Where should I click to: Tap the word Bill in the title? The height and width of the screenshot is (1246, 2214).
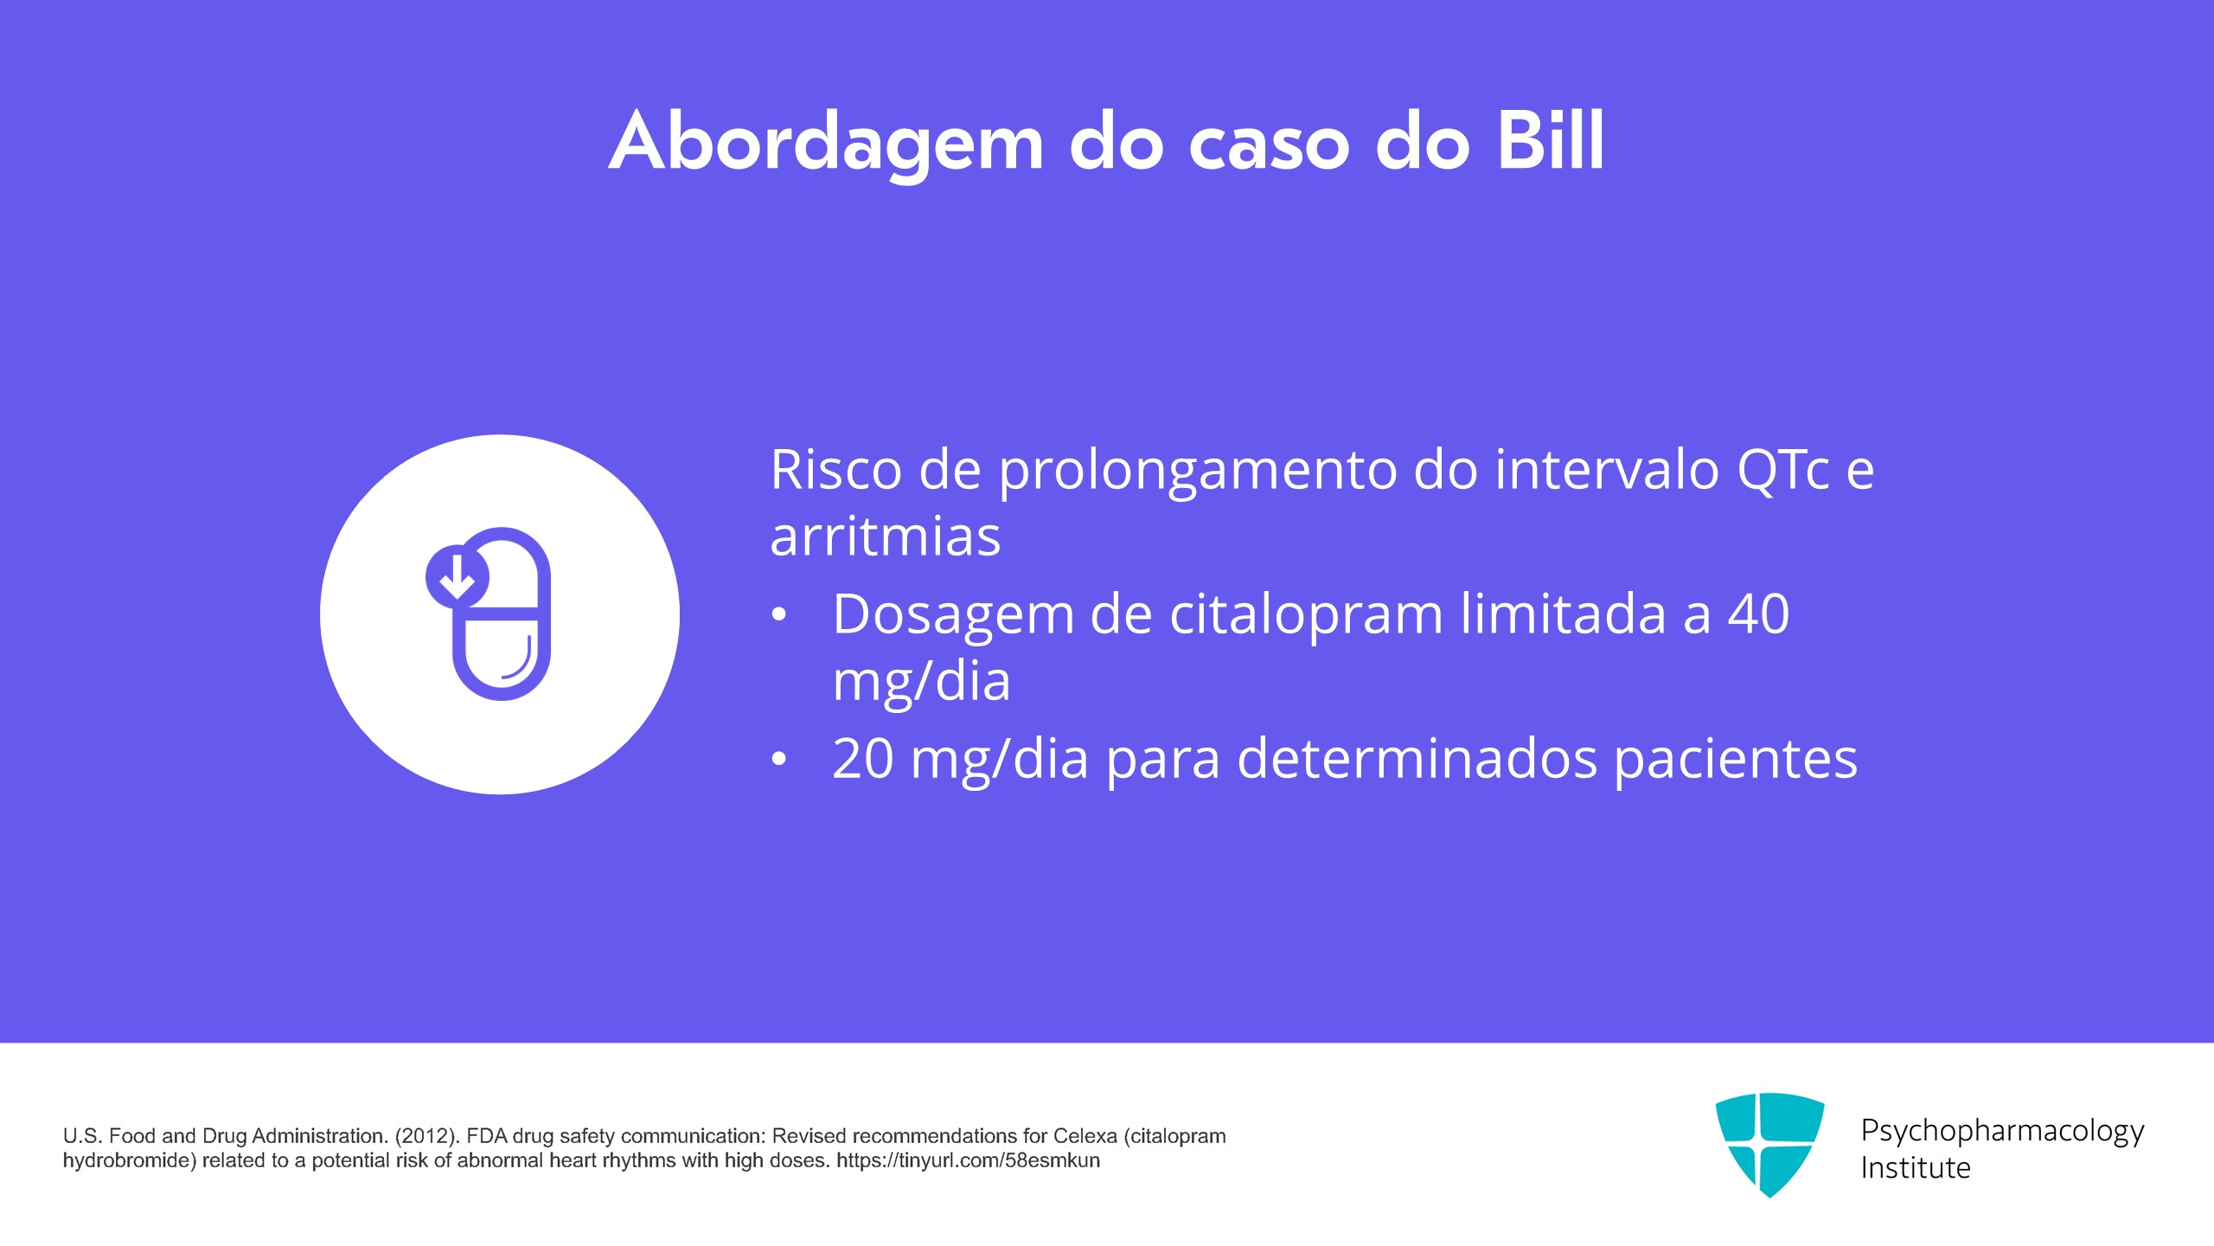[x=1550, y=140]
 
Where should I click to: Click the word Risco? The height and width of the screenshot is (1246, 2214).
[x=835, y=470]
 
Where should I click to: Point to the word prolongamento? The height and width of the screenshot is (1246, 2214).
[x=1197, y=472]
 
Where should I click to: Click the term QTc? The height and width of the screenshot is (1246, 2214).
[x=1782, y=470]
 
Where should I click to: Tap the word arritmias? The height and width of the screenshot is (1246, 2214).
[x=885, y=536]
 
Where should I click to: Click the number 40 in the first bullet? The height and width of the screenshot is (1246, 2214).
[x=1758, y=614]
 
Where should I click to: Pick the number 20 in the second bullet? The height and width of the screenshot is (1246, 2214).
[x=862, y=759]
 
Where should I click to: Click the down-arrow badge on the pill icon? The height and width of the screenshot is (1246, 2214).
[x=457, y=576]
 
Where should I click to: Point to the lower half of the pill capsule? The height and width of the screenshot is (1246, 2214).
[x=502, y=658]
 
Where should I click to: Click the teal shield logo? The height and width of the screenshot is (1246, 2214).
[x=1769, y=1144]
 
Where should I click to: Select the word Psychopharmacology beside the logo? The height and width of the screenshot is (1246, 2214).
[x=2002, y=1132]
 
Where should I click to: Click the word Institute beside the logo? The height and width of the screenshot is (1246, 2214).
[x=1916, y=1168]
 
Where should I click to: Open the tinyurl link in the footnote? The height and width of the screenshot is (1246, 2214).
[x=968, y=1161]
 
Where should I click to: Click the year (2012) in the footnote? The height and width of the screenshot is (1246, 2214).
[x=426, y=1136]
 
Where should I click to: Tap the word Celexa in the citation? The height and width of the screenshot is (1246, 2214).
[x=1085, y=1136]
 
